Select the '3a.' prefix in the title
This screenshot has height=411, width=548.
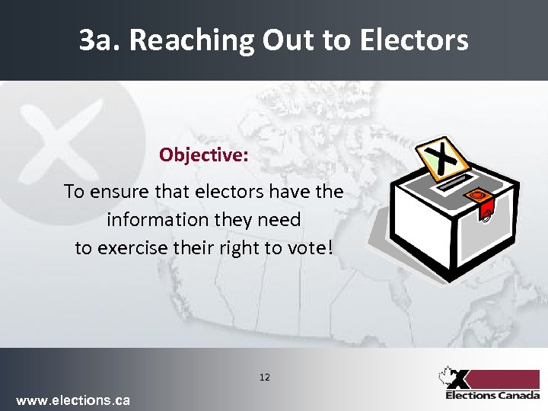(100, 40)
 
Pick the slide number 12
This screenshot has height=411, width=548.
(265, 377)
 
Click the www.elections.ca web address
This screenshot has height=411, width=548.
(73, 400)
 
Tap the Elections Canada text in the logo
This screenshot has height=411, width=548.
(492, 395)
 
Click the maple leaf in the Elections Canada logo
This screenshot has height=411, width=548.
(446, 376)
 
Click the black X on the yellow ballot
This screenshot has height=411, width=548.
(442, 158)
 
